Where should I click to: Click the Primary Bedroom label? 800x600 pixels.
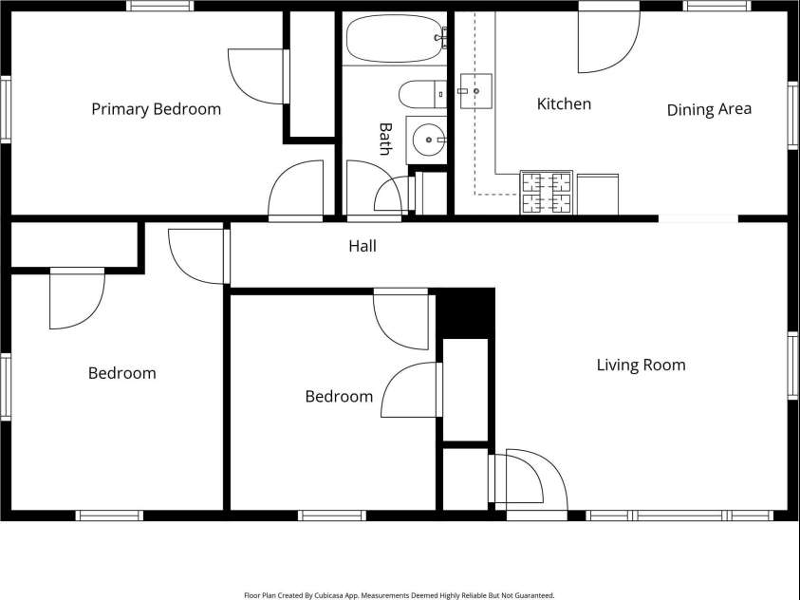(157, 109)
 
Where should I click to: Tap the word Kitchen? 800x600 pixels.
(564, 104)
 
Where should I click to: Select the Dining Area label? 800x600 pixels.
(709, 110)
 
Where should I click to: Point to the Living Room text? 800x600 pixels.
(641, 365)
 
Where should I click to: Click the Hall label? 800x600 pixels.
(363, 246)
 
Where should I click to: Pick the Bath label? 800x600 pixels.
(385, 139)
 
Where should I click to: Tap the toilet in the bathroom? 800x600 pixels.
(422, 94)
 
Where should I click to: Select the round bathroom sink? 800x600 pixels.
(429, 140)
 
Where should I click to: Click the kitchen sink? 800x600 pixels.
(476, 91)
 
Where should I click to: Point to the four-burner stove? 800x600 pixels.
(547, 193)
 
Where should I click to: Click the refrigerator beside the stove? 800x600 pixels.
(598, 195)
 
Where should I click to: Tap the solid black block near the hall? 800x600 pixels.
(465, 312)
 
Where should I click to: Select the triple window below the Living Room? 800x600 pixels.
(679, 516)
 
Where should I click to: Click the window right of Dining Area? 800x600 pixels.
(792, 115)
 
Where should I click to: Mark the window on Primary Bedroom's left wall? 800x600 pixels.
(6, 110)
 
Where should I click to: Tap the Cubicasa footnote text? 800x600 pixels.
(400, 595)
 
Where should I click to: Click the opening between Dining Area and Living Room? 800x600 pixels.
(698, 219)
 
